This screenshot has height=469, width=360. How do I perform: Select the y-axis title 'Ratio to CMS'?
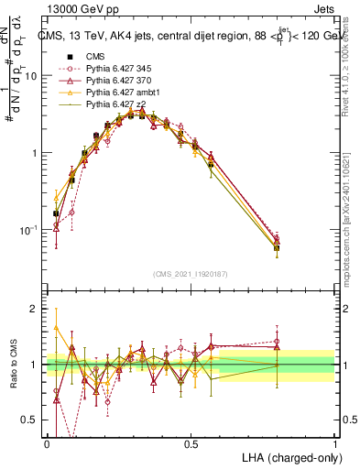[13, 365]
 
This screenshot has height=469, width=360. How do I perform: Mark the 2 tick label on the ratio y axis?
[36, 309]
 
